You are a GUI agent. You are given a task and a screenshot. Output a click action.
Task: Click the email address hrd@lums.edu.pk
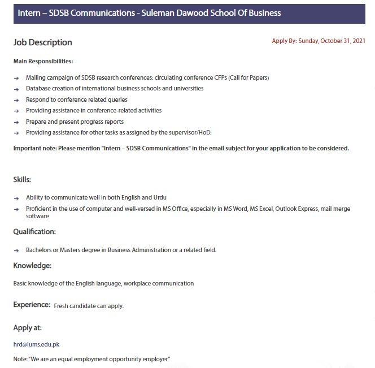[x=36, y=344]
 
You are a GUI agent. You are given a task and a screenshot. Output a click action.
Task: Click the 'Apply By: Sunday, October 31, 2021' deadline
[x=319, y=41]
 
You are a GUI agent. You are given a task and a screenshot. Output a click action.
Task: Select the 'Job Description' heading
[x=43, y=42]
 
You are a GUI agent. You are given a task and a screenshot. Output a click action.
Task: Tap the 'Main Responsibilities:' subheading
[x=43, y=61]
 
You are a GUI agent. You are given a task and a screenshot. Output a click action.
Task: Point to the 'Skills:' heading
[x=22, y=179]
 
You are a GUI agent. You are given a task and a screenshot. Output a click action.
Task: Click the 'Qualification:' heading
[x=34, y=231]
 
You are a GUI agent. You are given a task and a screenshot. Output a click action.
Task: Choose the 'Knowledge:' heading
[x=32, y=265]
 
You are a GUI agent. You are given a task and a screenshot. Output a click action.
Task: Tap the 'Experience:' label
[x=32, y=305]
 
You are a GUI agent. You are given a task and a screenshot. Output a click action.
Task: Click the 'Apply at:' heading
[x=28, y=328]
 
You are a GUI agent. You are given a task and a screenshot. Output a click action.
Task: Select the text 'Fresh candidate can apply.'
[x=89, y=306]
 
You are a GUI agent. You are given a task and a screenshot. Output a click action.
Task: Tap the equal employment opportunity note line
[x=91, y=359]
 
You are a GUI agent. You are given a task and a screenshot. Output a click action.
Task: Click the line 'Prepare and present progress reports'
[x=75, y=122]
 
